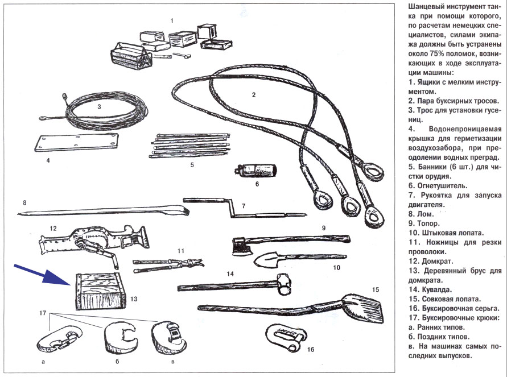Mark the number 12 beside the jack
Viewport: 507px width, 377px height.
tap(53, 228)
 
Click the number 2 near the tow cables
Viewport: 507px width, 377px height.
tap(254, 96)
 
